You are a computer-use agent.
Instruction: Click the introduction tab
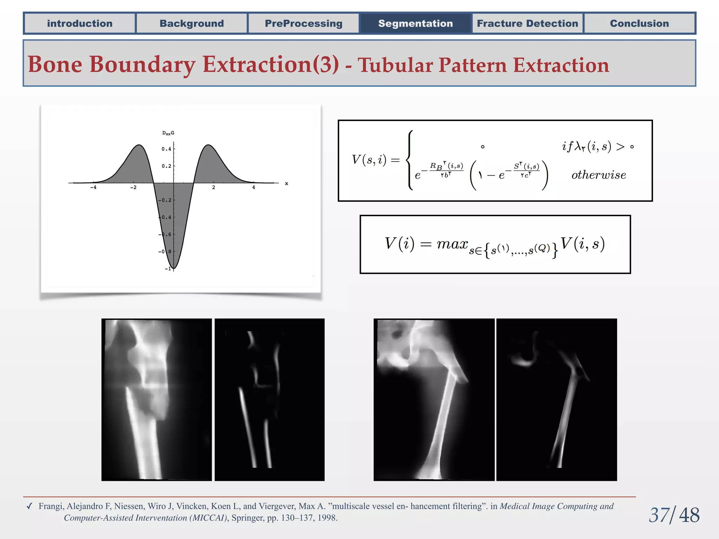click(80, 24)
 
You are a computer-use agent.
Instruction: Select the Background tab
click(192, 24)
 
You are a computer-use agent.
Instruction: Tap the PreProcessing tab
click(303, 24)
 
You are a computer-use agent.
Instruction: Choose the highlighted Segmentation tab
click(415, 24)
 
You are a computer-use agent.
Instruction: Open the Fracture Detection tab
click(527, 24)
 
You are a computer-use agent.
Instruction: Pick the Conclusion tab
click(639, 24)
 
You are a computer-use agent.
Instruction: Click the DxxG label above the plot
click(168, 133)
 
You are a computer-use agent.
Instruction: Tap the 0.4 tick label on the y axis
click(166, 149)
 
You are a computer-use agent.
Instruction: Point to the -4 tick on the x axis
click(93, 188)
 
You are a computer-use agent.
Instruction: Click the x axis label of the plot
click(286, 184)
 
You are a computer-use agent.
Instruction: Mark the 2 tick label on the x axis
click(213, 188)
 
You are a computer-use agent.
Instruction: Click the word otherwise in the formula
click(599, 175)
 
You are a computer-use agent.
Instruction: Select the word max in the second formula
click(452, 244)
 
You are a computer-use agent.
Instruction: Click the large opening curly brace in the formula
click(410, 160)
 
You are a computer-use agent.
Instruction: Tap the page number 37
click(659, 515)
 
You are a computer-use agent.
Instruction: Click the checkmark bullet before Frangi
click(29, 506)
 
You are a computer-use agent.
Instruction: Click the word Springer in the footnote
click(248, 518)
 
